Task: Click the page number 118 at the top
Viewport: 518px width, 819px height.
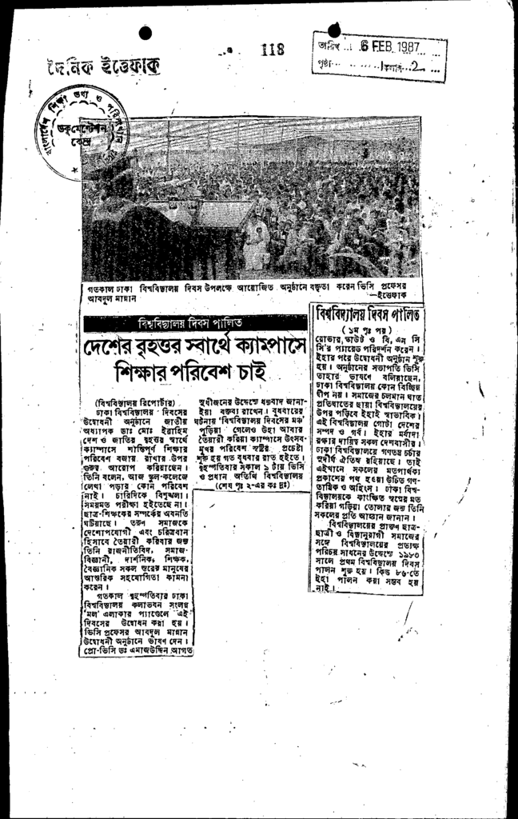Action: tap(273, 50)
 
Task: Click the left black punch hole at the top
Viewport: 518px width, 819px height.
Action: tap(145, 33)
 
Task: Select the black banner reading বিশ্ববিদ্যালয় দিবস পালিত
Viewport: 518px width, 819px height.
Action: tap(195, 323)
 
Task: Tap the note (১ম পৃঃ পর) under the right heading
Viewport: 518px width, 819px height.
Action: tap(369, 329)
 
